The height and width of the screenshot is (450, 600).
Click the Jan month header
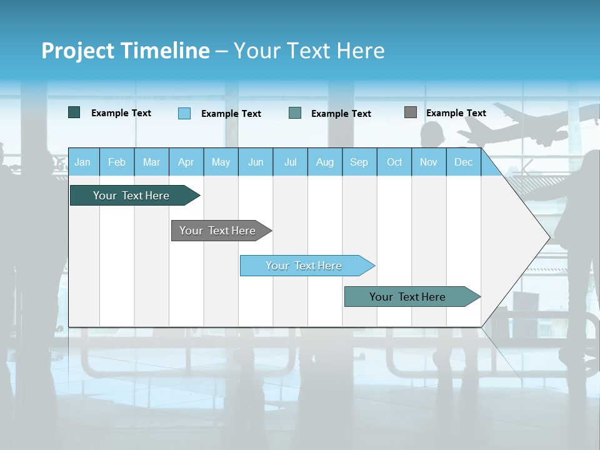[x=83, y=162]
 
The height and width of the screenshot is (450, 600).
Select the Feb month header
[x=117, y=162]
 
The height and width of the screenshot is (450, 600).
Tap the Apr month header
[x=186, y=162]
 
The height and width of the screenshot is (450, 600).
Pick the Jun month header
[x=256, y=162]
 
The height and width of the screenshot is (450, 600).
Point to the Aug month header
[x=324, y=162]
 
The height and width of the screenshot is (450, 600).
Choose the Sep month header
[x=359, y=162]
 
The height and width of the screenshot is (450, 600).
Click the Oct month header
[x=394, y=162]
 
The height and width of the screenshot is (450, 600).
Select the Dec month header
[x=463, y=162]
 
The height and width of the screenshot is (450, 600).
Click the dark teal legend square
[x=74, y=112]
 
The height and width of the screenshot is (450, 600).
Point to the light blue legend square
[x=184, y=113]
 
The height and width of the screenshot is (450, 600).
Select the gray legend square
[x=411, y=112]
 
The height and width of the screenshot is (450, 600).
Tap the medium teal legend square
[x=295, y=113]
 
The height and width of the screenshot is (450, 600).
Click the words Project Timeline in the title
[x=125, y=51]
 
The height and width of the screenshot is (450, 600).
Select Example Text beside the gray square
[x=456, y=113]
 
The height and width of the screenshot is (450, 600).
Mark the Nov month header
[x=429, y=162]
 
